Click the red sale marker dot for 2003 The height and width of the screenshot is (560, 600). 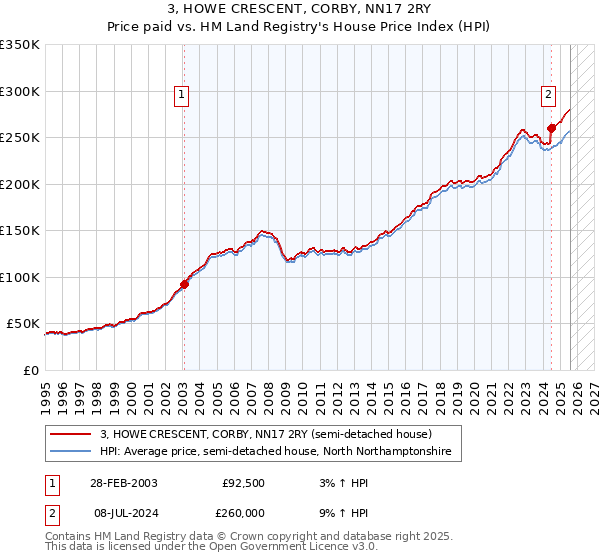(x=184, y=285)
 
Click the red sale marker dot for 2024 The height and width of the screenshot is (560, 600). (x=551, y=128)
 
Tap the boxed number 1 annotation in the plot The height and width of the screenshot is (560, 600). (x=182, y=95)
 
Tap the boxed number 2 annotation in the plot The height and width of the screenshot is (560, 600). (x=549, y=95)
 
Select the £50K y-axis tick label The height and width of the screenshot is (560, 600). (x=23, y=324)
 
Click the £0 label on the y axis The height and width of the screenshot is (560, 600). (x=31, y=371)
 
